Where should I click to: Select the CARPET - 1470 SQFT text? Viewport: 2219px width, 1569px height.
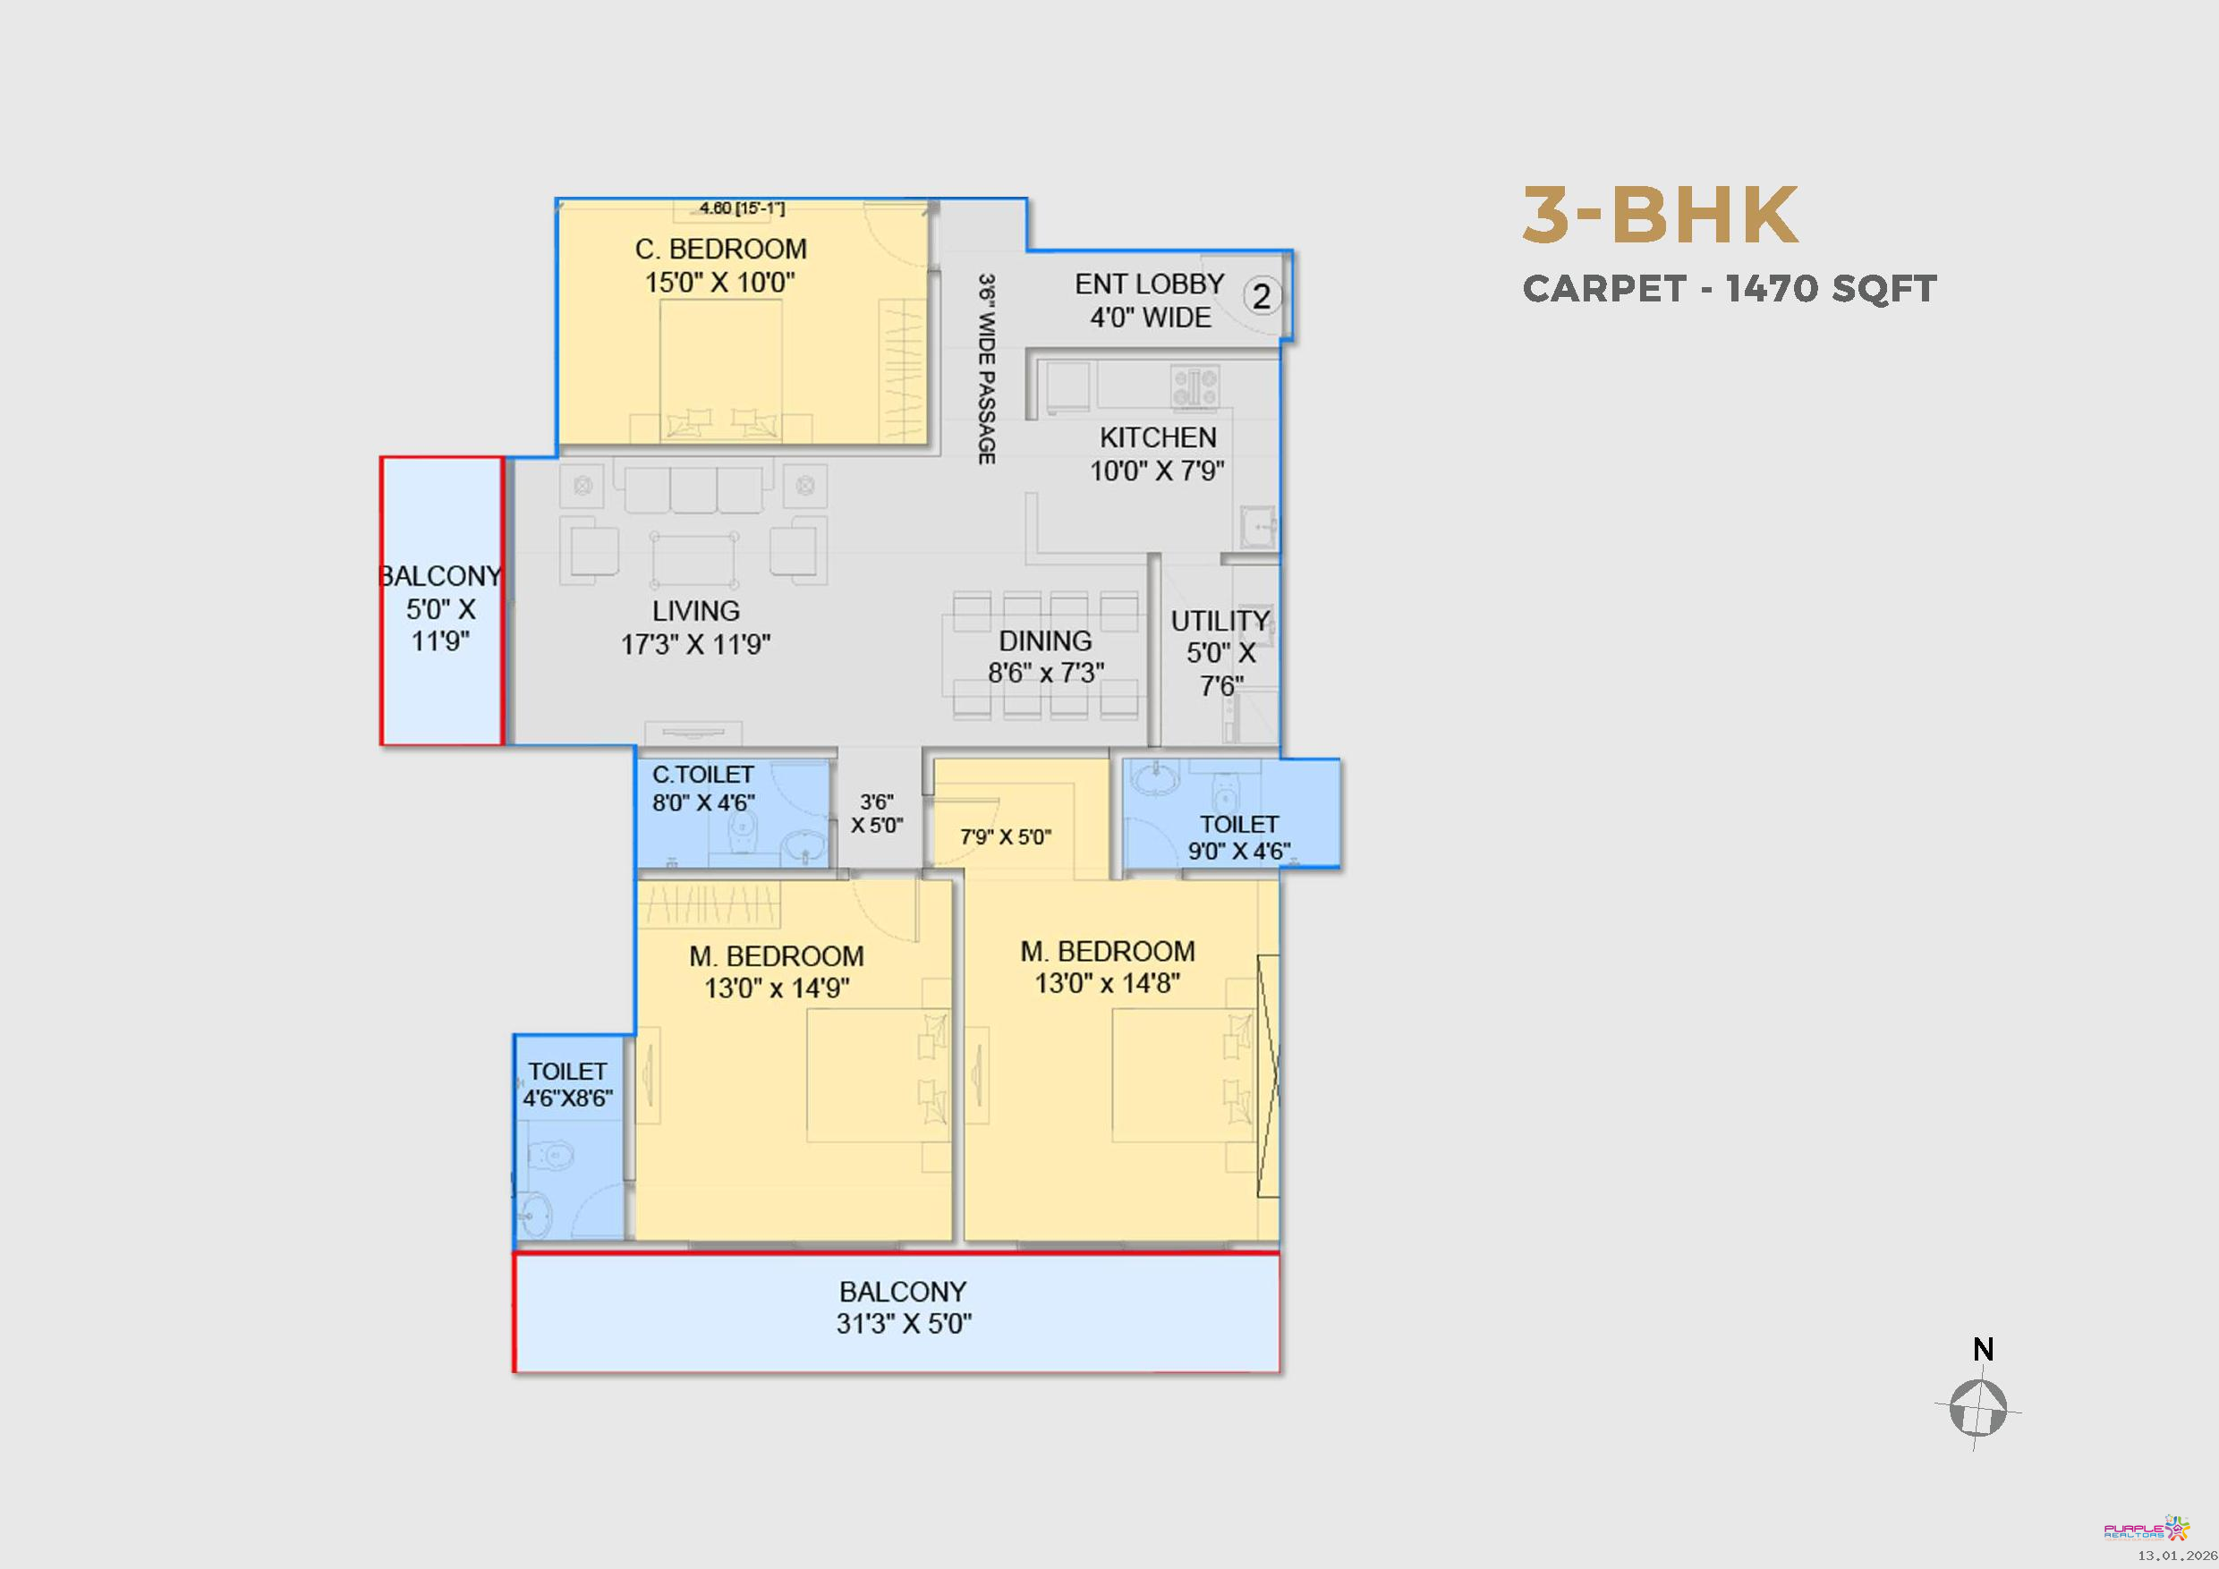[x=1729, y=288]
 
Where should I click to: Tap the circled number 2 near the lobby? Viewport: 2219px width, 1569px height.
[x=1262, y=295]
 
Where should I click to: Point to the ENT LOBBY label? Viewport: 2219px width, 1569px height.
[x=1149, y=284]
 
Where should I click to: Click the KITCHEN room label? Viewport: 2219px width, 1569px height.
[x=1158, y=437]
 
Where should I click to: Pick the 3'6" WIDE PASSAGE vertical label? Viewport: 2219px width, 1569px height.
[x=986, y=369]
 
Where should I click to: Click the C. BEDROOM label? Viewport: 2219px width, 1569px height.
[x=721, y=250]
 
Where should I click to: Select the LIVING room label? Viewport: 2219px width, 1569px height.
[x=696, y=611]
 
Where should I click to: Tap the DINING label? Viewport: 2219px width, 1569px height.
[x=1045, y=640]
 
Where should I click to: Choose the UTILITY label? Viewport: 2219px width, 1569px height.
[x=1220, y=620]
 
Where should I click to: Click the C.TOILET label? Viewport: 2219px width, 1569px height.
[x=702, y=775]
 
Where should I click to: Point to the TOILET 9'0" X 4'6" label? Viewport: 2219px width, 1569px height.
[x=1239, y=837]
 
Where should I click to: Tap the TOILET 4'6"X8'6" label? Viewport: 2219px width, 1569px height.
[x=567, y=1085]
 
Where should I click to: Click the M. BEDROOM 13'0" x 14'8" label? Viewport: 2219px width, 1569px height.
[x=1108, y=967]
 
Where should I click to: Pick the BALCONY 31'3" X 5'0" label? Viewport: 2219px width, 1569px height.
[x=904, y=1307]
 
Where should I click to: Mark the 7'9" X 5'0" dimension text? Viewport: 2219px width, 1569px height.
[x=1005, y=836]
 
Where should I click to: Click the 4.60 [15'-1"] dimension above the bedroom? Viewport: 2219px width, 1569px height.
[x=743, y=208]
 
